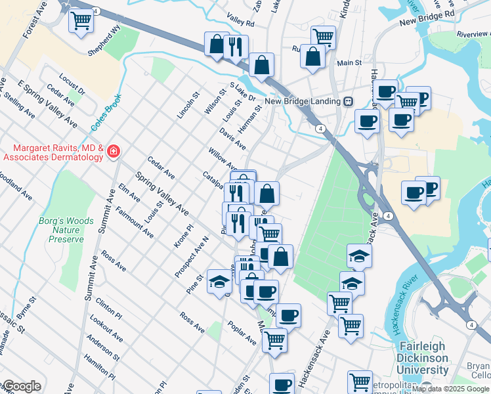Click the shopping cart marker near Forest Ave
(81, 20)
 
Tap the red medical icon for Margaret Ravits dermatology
(114, 152)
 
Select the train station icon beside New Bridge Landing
(348, 101)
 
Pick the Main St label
(349, 63)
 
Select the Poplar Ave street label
(242, 334)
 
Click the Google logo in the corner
(21, 386)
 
